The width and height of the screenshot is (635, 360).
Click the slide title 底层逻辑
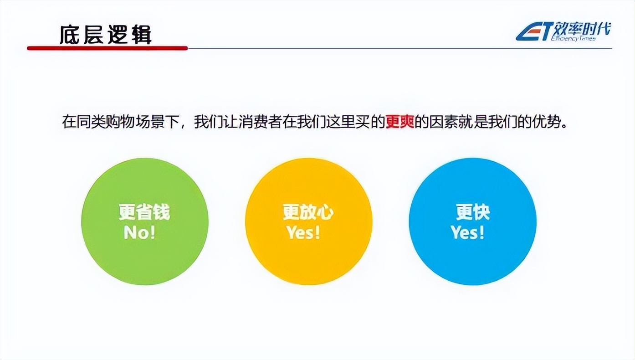click(x=106, y=34)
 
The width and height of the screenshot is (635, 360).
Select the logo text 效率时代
click(x=582, y=30)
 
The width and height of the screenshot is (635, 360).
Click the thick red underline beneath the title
click(x=107, y=48)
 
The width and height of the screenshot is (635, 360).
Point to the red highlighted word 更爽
click(x=399, y=122)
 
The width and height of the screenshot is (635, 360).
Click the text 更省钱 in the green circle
click(x=144, y=212)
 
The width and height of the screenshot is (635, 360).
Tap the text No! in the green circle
click(x=139, y=232)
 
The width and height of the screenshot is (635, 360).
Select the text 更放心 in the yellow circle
click(x=308, y=212)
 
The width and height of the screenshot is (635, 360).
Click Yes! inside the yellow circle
click(x=303, y=232)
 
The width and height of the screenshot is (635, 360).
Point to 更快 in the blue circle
click(x=472, y=212)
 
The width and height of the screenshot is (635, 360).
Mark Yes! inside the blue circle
click(x=467, y=232)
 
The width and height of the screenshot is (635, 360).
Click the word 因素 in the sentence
click(x=439, y=122)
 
